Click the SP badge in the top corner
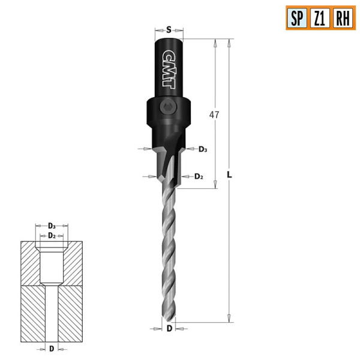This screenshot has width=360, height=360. (296, 17)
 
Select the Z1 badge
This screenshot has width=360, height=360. (319, 17)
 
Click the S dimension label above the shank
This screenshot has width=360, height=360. (169, 29)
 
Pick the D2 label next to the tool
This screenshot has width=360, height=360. (199, 176)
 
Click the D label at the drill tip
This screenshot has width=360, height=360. (170, 329)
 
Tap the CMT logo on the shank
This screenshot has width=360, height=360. (169, 68)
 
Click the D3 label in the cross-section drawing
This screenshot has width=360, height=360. (52, 226)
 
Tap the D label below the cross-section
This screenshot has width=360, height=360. (52, 348)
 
